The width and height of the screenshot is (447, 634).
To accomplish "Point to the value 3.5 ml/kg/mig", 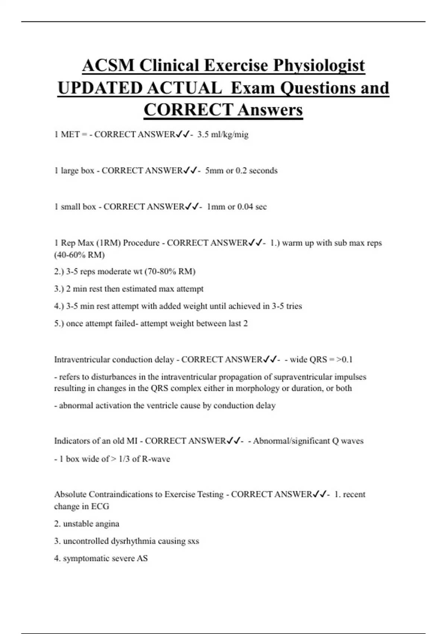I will click(223, 135).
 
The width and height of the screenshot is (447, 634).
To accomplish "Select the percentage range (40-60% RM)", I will click(79, 255).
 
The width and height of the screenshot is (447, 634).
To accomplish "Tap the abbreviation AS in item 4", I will click(142, 559).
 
